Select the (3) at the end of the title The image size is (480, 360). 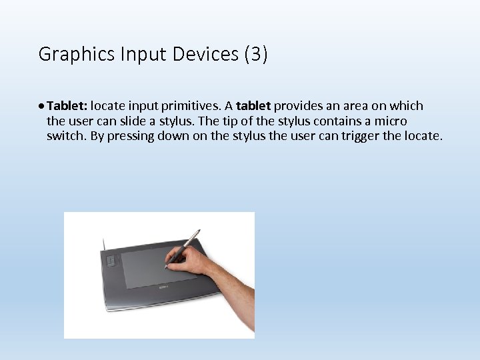(256, 54)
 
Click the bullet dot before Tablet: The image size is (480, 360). (42, 106)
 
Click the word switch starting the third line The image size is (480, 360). (63, 137)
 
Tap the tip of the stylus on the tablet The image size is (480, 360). (166, 267)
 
